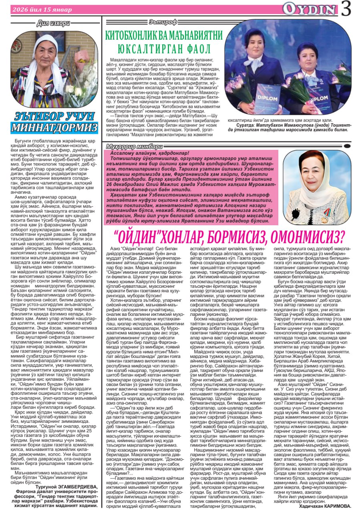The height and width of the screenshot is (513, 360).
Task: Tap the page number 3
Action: click(347, 9)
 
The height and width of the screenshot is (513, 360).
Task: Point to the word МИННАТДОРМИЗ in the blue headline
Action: click(54, 128)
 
